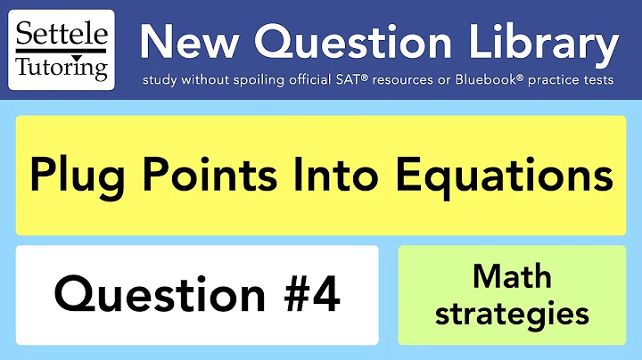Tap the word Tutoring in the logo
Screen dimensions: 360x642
[62, 67]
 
